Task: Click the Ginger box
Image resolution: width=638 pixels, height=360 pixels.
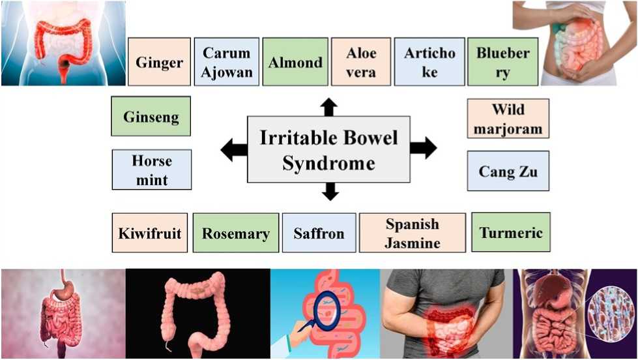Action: point(159,62)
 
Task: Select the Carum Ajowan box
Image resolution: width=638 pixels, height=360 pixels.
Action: point(227,62)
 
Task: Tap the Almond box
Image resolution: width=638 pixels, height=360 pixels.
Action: point(295,62)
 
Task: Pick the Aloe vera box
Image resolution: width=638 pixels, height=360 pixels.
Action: point(361,62)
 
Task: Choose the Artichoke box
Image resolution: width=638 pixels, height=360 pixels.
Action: point(429,62)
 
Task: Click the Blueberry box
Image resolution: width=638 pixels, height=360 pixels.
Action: point(502,62)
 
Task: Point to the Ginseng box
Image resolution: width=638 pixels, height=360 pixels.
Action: point(151,116)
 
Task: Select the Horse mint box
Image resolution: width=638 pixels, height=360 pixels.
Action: point(152,170)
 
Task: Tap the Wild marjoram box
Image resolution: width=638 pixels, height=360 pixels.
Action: point(508,118)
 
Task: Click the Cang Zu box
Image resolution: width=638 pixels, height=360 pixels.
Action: point(508,171)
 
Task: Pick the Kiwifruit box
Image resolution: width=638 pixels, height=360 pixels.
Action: point(150,233)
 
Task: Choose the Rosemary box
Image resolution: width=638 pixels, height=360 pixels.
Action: point(236,233)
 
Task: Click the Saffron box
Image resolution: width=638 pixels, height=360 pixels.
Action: point(319,233)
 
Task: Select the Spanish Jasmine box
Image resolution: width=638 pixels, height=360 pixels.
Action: point(413,233)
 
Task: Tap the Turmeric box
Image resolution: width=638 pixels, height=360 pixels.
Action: point(511,232)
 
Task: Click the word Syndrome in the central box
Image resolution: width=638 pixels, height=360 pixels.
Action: point(328,163)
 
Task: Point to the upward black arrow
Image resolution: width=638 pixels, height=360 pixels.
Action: point(329,107)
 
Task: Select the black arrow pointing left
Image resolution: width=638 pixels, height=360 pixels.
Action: point(234,149)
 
